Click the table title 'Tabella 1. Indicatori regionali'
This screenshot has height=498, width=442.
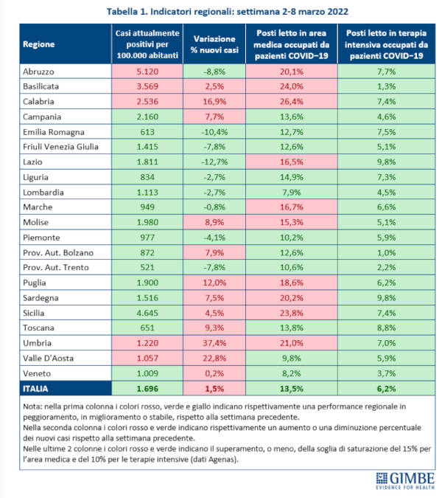220,13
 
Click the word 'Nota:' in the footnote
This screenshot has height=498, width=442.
34,407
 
